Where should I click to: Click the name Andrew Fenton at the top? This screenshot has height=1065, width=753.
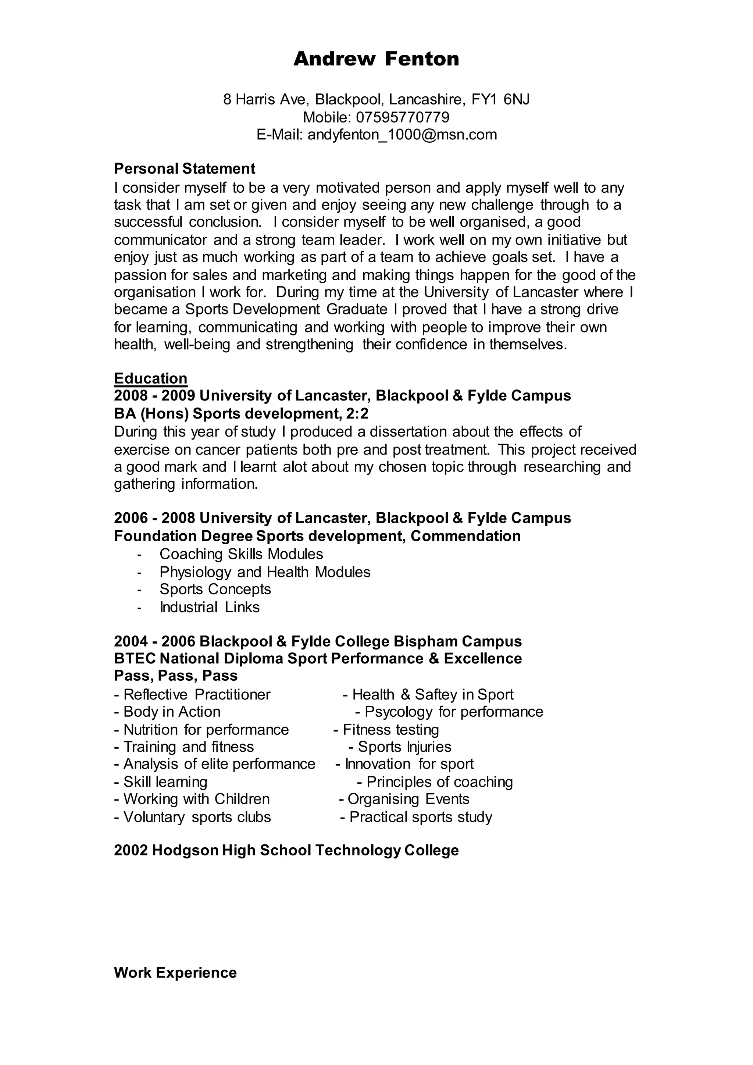coord(376,59)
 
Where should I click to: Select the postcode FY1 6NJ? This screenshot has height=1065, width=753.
coord(500,99)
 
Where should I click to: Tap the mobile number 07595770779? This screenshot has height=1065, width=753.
coord(403,117)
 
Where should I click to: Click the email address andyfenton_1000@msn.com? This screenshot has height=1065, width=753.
coord(402,135)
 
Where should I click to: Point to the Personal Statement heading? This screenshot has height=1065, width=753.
coord(185,168)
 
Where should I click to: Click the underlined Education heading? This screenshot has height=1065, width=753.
coord(151,378)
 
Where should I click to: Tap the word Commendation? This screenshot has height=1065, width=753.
coord(465,536)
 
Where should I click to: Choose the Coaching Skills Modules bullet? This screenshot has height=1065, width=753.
coord(241,554)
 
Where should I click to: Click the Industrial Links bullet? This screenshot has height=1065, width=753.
coord(210,607)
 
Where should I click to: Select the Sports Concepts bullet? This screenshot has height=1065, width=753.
coord(215,589)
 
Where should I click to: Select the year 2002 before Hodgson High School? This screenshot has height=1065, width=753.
coord(131,850)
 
